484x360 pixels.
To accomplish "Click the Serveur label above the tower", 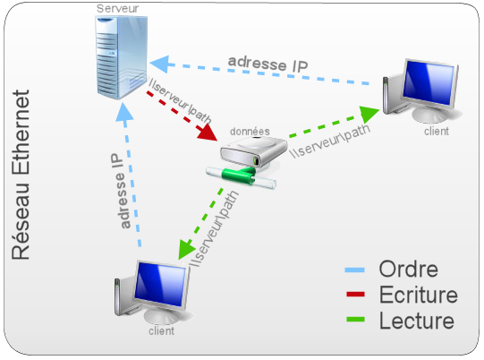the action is coord(117,9).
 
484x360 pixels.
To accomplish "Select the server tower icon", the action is coord(122,57).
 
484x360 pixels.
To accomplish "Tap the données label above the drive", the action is coord(250,132).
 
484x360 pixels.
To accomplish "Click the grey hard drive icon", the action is coord(254,152).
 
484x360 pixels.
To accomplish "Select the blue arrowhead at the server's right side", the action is coord(159,64).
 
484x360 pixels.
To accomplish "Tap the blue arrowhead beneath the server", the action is coord(124,112).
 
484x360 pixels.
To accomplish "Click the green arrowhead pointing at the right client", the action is coord(369,114).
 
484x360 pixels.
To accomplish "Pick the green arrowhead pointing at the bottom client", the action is coord(186,249).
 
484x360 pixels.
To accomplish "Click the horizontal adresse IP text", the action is coord(267,64).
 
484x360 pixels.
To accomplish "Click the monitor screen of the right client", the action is coord(429,82).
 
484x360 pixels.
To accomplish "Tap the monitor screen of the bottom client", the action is coord(161,284).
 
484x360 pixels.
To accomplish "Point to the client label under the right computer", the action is coord(437,132).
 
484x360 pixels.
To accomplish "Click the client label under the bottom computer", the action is coord(161,331).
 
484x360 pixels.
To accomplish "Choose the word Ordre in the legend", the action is coord(408,270).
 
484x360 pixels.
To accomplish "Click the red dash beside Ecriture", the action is coord(355,295).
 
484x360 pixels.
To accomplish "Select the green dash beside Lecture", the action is coord(355,320).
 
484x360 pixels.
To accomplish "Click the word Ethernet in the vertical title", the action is coord(21,132).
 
